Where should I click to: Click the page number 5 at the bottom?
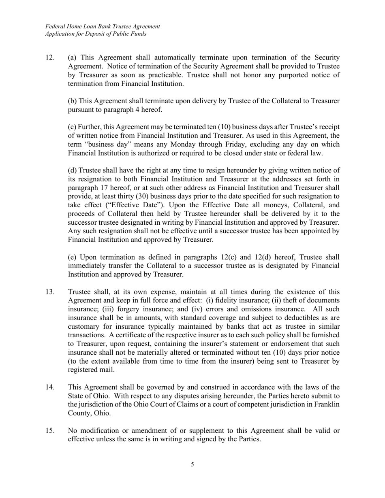click(192, 464)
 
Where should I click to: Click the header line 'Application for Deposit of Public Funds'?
click(96, 34)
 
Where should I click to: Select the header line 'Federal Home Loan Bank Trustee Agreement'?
click(103, 26)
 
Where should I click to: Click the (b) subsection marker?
click(72, 101)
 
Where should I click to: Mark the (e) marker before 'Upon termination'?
click(72, 257)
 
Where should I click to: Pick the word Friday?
click(245, 145)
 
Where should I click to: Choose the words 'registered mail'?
click(91, 370)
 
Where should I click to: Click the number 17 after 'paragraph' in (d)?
click(99, 188)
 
